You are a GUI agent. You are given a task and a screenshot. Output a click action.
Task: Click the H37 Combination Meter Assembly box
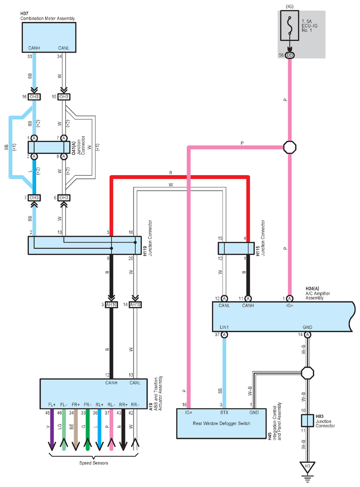(49, 37)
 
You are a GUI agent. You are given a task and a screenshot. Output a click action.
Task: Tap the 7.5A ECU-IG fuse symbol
(290, 26)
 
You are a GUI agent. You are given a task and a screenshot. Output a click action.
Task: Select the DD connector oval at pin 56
(290, 55)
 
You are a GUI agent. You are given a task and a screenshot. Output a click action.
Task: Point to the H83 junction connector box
(307, 421)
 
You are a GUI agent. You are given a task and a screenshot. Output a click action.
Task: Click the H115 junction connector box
(236, 248)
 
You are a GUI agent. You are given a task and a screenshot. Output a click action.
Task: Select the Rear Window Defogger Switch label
(221, 423)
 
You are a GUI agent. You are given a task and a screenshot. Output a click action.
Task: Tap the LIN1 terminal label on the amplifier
(224, 327)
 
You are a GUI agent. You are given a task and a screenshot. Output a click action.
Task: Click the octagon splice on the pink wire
(290, 147)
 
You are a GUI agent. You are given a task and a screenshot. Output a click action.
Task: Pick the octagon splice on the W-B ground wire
(307, 373)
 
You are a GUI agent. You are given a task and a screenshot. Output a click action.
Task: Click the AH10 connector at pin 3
(111, 305)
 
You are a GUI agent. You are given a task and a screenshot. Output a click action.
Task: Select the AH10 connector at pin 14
(135, 305)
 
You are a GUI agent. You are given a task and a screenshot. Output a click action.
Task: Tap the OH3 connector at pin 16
(34, 97)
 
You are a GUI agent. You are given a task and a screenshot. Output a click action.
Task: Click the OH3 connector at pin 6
(64, 198)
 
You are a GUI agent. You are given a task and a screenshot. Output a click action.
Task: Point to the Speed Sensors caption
(93, 463)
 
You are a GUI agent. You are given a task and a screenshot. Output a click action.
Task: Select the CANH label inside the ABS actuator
(111, 383)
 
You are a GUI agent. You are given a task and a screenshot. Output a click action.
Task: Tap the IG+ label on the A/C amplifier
(290, 305)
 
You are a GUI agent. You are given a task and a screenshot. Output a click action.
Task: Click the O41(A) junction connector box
(49, 147)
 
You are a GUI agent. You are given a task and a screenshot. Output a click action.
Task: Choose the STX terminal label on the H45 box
(224, 412)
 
